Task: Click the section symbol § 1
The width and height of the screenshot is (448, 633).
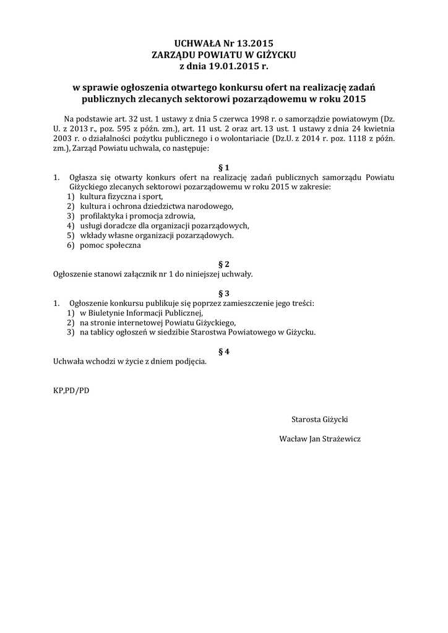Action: [224, 167]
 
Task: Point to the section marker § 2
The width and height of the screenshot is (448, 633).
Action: [224, 263]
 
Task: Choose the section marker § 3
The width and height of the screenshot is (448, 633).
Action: [224, 293]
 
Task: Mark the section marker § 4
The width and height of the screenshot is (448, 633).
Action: [224, 351]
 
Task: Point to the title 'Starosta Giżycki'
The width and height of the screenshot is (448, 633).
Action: [319, 419]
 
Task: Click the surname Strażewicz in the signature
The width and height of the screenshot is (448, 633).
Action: [339, 439]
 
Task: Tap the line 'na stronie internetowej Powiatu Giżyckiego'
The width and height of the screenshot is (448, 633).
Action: [157, 323]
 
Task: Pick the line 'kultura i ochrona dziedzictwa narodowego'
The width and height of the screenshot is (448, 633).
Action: [155, 206]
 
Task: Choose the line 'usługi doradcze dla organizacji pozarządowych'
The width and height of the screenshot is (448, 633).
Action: [164, 226]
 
